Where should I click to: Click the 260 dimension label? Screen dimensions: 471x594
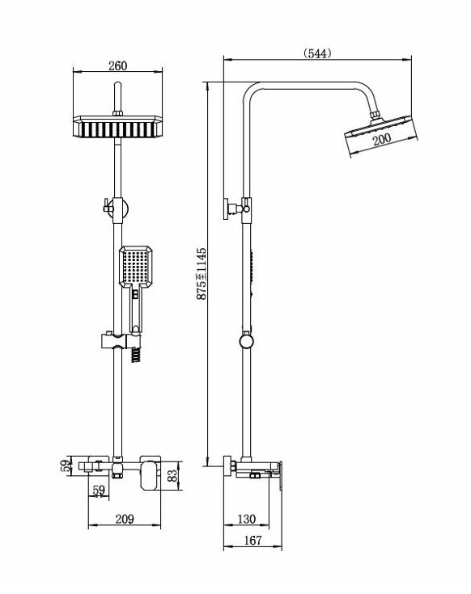[x=117, y=65]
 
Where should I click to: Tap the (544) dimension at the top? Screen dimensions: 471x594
[x=317, y=53]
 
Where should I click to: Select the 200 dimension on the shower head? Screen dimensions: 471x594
[x=381, y=138]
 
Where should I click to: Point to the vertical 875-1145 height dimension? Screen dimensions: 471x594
[x=202, y=273]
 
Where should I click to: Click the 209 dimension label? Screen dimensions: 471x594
[x=125, y=519]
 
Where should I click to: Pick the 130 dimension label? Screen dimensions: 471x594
[x=246, y=519]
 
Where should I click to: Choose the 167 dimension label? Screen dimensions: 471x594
[x=252, y=540]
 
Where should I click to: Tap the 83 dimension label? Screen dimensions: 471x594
[x=172, y=475]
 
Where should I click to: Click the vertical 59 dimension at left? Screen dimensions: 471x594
[x=66, y=466]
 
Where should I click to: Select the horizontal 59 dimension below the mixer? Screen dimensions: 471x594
[x=99, y=491]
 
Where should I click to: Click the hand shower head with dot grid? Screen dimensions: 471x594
[x=136, y=266]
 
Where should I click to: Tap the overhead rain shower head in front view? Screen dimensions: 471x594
[x=118, y=127]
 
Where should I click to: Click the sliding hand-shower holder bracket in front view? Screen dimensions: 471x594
[x=121, y=341]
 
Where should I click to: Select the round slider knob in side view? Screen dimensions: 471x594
[x=247, y=341]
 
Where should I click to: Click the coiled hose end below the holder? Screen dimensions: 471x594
[x=137, y=356]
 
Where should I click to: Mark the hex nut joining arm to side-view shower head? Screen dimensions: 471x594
[x=375, y=115]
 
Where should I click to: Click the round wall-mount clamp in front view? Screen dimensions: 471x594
[x=118, y=209]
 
